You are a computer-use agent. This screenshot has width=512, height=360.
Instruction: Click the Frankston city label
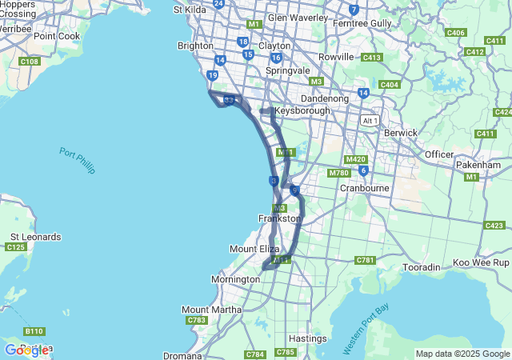pos(279,218)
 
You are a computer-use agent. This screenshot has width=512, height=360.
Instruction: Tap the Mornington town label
pos(235,279)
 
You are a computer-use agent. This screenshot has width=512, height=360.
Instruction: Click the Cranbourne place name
pos(364,188)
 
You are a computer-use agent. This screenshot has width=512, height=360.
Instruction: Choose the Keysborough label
pos(302,111)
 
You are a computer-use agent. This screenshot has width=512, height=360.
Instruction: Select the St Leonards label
pos(35,237)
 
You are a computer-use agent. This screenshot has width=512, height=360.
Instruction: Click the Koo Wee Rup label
pos(481,262)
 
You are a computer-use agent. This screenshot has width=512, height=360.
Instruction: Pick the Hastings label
pos(307,338)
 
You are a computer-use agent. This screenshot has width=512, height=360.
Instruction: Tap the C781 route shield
pos(366,260)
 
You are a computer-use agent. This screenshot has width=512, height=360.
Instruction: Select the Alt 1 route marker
pos(370,120)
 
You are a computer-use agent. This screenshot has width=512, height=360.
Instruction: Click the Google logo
pos(26,350)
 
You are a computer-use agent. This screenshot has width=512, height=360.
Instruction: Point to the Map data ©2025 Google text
pos(462,354)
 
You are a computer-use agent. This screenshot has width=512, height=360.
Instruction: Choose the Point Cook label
pos(57,36)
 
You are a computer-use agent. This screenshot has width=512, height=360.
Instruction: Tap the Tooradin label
pos(422,266)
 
